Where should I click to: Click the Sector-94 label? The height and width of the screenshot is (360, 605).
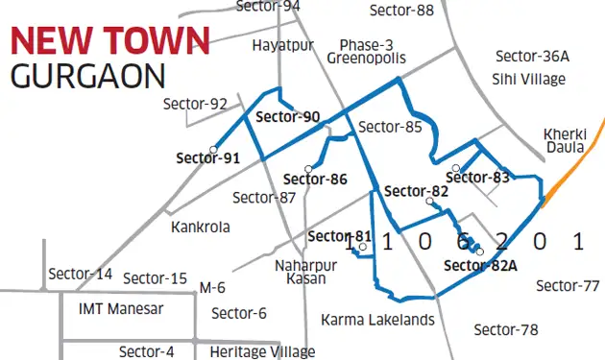pyautogui.click(x=268, y=6)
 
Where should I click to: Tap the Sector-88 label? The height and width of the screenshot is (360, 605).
pyautogui.click(x=401, y=11)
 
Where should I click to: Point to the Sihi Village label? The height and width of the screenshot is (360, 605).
pyautogui.click(x=528, y=79)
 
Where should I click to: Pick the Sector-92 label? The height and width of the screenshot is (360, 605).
pyautogui.click(x=195, y=104)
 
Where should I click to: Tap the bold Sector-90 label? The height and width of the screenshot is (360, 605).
pyautogui.click(x=288, y=117)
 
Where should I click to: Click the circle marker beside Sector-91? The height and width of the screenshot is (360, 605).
pyautogui.click(x=212, y=150)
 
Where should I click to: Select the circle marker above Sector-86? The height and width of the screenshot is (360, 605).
pyautogui.click(x=309, y=164)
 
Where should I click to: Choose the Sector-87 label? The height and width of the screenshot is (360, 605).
pyautogui.click(x=264, y=198)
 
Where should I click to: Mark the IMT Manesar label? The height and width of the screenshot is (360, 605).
pyautogui.click(x=121, y=309)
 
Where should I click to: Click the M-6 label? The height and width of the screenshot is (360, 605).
pyautogui.click(x=212, y=287)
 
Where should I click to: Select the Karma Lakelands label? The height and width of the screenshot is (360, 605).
pyautogui.click(x=377, y=320)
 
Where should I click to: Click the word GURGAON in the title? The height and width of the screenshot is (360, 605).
pyautogui.click(x=87, y=75)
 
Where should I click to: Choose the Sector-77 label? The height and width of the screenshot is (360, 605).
pyautogui.click(x=569, y=285)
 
